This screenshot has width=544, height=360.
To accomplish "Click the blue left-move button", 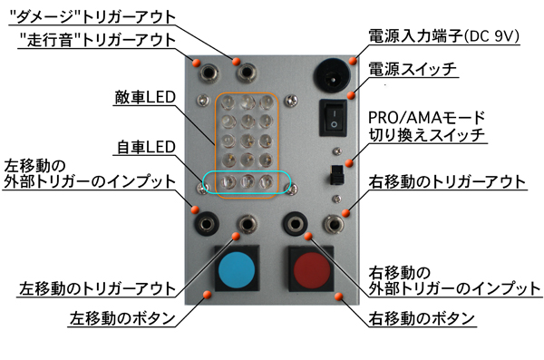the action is (x=237, y=268).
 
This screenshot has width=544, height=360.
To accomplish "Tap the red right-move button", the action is (x=311, y=269).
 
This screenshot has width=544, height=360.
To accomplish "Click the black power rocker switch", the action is (x=333, y=118).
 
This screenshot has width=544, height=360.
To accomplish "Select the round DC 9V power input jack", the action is (x=332, y=75).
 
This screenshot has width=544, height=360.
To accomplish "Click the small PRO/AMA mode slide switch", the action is (x=336, y=175).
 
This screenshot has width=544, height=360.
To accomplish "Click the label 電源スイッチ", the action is (x=413, y=69).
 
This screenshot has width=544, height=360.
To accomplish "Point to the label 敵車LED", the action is (x=145, y=97).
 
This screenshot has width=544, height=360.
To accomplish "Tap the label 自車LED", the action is (x=146, y=147).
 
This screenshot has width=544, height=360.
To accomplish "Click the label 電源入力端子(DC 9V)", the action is (x=443, y=35).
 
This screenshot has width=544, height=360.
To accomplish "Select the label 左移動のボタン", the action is (x=122, y=318).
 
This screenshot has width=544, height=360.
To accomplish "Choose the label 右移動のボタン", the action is (x=422, y=318).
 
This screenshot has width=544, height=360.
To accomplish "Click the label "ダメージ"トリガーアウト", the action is (x=92, y=16).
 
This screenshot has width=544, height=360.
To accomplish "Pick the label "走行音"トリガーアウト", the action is (x=98, y=40).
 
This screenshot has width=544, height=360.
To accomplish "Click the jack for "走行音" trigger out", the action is (x=209, y=73).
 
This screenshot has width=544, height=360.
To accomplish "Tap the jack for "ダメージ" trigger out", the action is (x=247, y=73).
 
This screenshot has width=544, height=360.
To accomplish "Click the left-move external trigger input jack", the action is (x=206, y=224).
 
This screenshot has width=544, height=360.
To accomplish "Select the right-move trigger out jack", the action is (x=334, y=224).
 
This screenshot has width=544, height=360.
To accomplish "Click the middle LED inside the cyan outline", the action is (x=248, y=181).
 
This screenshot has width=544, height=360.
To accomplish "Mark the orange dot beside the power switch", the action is (x=351, y=95).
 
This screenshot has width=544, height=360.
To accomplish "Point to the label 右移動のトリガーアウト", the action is (x=447, y=182).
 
